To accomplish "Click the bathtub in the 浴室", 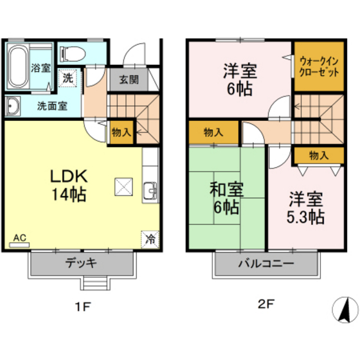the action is click(x=17, y=66).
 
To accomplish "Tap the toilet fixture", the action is click(x=73, y=54).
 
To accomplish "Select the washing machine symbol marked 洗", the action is click(x=67, y=78).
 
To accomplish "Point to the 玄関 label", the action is click(x=129, y=80).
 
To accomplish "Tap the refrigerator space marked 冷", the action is click(x=150, y=239).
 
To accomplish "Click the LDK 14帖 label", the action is click(x=69, y=185).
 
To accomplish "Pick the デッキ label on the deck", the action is click(x=81, y=263).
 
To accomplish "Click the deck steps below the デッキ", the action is click(x=95, y=283).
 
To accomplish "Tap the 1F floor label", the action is click(x=84, y=307).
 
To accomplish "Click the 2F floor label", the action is click(x=266, y=305).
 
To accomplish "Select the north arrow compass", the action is click(x=345, y=310).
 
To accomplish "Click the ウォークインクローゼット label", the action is click(x=319, y=67).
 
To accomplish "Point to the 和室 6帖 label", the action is click(x=226, y=198).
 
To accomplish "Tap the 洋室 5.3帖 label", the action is click(x=305, y=208).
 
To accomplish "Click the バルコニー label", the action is click(x=266, y=264).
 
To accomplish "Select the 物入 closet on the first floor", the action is click(x=121, y=132).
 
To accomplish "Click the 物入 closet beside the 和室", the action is click(x=213, y=132).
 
